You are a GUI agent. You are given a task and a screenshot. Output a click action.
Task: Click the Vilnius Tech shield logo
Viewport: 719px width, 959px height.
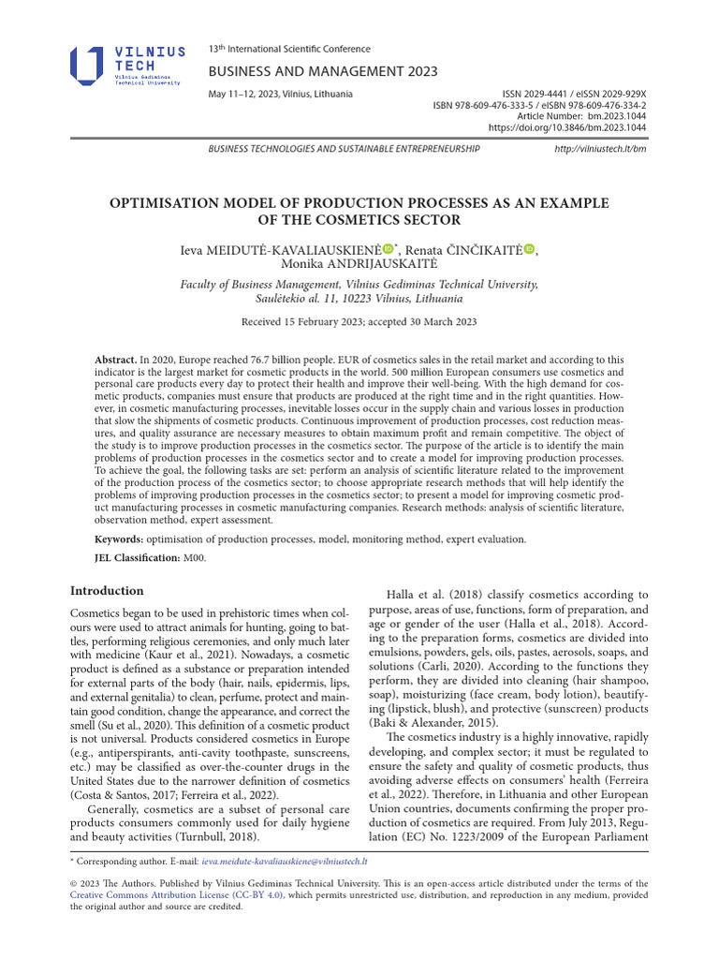[87, 66]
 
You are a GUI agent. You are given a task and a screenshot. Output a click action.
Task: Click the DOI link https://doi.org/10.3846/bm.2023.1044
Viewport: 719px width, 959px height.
[566, 127]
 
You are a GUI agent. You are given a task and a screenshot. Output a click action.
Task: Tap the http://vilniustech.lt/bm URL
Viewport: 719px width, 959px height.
[600, 149]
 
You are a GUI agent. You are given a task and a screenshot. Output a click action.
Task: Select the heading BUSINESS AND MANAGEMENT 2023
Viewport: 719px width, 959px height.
[322, 72]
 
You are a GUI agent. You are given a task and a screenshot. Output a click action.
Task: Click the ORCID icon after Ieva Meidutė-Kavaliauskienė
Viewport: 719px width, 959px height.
[388, 249]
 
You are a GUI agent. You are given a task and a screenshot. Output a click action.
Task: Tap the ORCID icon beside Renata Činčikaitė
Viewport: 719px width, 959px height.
[529, 249]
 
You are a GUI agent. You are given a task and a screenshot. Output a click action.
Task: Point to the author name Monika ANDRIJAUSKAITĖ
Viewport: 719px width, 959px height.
[359, 264]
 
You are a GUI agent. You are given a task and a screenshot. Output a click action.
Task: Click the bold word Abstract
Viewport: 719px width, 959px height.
[115, 360]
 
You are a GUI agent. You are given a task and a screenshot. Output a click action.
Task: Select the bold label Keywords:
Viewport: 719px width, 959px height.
[119, 539]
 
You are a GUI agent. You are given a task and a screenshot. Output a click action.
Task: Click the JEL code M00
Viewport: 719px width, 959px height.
[194, 558]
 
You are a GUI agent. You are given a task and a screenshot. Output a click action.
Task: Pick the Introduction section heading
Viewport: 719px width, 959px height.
[107, 591]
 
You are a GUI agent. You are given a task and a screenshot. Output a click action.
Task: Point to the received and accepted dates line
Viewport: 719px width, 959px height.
[359, 322]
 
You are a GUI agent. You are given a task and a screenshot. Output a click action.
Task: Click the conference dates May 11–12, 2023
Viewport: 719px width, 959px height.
[280, 95]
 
